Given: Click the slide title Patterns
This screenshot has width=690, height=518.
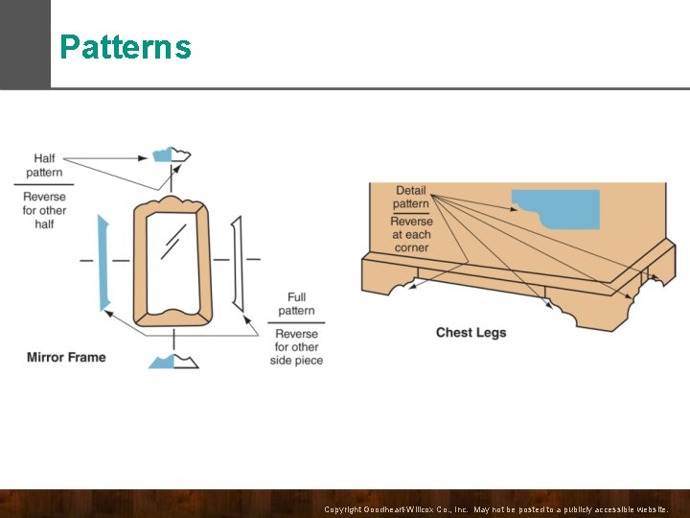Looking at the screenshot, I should (x=125, y=47).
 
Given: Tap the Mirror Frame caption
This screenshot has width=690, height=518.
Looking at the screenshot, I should (x=66, y=358).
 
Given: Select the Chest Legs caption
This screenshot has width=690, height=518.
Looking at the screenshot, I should (x=471, y=333).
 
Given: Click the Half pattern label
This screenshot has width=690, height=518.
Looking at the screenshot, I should (x=44, y=165).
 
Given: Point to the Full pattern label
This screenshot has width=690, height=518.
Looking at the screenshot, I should (x=296, y=304).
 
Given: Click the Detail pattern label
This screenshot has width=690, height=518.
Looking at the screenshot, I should (x=411, y=197).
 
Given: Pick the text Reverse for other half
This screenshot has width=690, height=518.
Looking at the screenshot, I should (x=44, y=210).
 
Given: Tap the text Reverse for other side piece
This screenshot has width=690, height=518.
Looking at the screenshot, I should (x=296, y=346).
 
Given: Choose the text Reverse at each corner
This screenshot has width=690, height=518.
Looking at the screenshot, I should (x=411, y=234).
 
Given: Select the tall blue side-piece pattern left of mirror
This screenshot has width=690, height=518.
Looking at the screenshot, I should (x=103, y=264).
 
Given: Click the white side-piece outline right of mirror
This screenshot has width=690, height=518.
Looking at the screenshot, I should (x=237, y=262).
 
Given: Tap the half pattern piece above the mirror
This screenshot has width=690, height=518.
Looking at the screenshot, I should (x=172, y=153).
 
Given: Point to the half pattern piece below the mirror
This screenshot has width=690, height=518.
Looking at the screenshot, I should (x=173, y=361).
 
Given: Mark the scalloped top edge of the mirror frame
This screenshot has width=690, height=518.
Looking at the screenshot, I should (x=172, y=203).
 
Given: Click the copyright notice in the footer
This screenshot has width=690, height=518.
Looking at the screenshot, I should (x=496, y=508).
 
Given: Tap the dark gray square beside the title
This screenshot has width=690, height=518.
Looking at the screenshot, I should (x=25, y=44).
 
